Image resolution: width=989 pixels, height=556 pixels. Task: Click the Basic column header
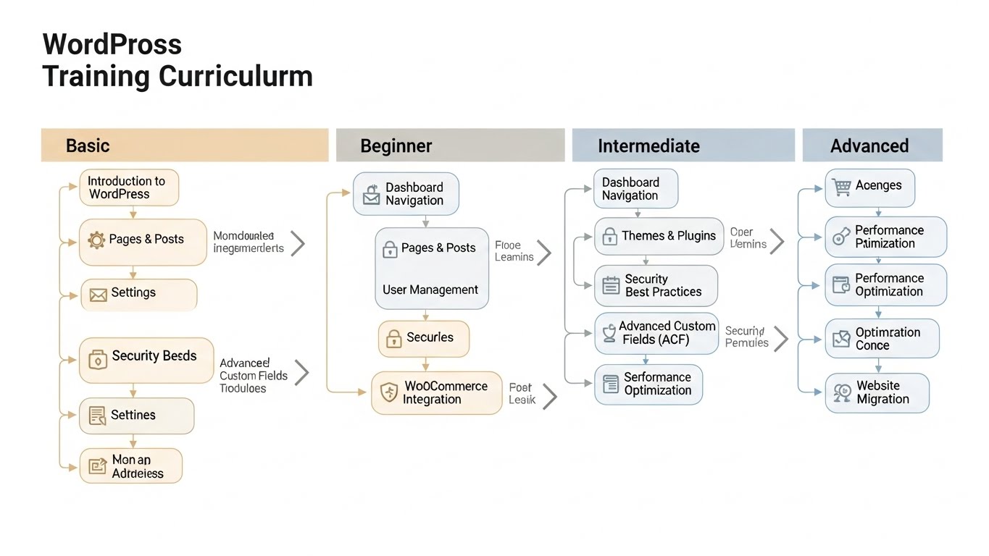(185, 146)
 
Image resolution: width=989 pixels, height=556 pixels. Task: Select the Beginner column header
(450, 146)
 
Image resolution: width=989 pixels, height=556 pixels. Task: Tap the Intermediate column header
(683, 146)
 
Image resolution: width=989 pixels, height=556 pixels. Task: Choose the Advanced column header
(872, 146)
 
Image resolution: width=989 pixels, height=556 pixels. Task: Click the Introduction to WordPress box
(129, 188)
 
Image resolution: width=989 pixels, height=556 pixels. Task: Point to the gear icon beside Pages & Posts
(96, 240)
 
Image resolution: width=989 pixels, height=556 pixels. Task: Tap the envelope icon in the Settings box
(98, 294)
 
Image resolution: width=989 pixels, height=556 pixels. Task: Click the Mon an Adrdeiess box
(130, 466)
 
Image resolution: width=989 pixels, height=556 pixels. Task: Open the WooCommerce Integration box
(436, 393)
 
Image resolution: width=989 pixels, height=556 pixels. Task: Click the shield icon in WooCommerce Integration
(389, 393)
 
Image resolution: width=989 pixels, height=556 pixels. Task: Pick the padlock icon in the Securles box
(393, 338)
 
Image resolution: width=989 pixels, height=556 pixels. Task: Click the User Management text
(430, 290)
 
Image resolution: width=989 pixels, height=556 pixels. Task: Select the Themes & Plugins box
(659, 236)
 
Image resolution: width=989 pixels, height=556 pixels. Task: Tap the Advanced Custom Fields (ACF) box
(656, 333)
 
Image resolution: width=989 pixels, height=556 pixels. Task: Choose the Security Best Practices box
(656, 285)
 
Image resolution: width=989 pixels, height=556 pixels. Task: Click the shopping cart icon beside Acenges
(841, 187)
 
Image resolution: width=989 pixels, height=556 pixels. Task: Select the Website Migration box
(877, 393)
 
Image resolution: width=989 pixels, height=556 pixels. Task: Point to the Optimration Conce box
(882, 339)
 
